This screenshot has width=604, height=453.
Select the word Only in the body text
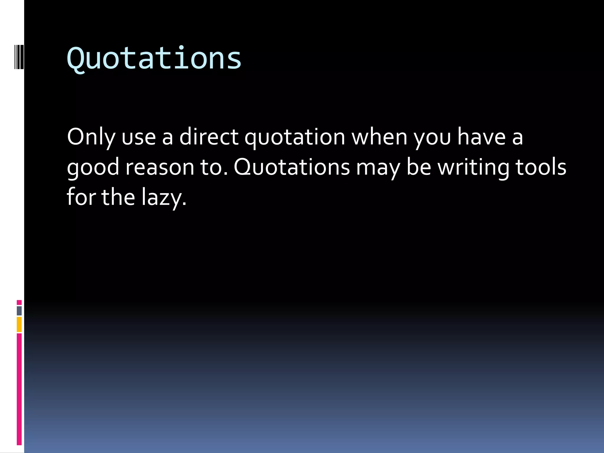tap(91, 137)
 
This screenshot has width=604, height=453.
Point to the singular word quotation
tap(295, 137)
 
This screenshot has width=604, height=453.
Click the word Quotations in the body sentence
tap(292, 167)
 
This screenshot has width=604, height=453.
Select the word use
tap(139, 137)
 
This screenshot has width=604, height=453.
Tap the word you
tap(432, 137)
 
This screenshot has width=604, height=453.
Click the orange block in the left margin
tap(19, 324)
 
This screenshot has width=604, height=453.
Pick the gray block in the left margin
tap(19, 311)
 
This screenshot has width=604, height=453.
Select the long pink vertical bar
tap(19, 389)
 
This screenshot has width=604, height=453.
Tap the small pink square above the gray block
tap(19, 302)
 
